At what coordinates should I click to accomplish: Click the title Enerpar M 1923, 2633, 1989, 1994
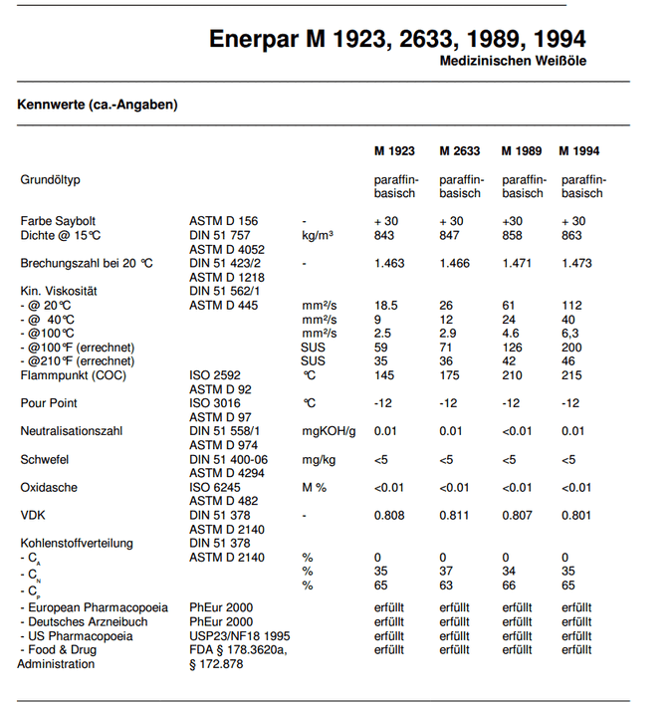pyautogui.click(x=397, y=39)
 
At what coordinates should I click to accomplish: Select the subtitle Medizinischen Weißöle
pyautogui.click(x=513, y=62)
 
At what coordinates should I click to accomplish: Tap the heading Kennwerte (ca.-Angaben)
pyautogui.click(x=98, y=105)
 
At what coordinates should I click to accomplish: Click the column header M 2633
pyautogui.click(x=459, y=151)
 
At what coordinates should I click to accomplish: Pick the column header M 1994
pyautogui.click(x=579, y=151)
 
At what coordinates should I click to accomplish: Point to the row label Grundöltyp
pyautogui.click(x=50, y=180)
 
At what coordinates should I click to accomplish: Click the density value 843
pyautogui.click(x=384, y=236)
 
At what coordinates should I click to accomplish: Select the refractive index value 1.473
pyautogui.click(x=578, y=264)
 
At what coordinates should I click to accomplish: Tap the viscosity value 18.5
pyautogui.click(x=386, y=306)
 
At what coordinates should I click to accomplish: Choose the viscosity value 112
pyautogui.click(x=571, y=306)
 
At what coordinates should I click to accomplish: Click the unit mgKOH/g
pyautogui.click(x=329, y=431)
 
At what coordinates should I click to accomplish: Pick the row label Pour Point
pyautogui.click(x=49, y=403)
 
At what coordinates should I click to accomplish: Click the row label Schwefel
pyautogui.click(x=45, y=459)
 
